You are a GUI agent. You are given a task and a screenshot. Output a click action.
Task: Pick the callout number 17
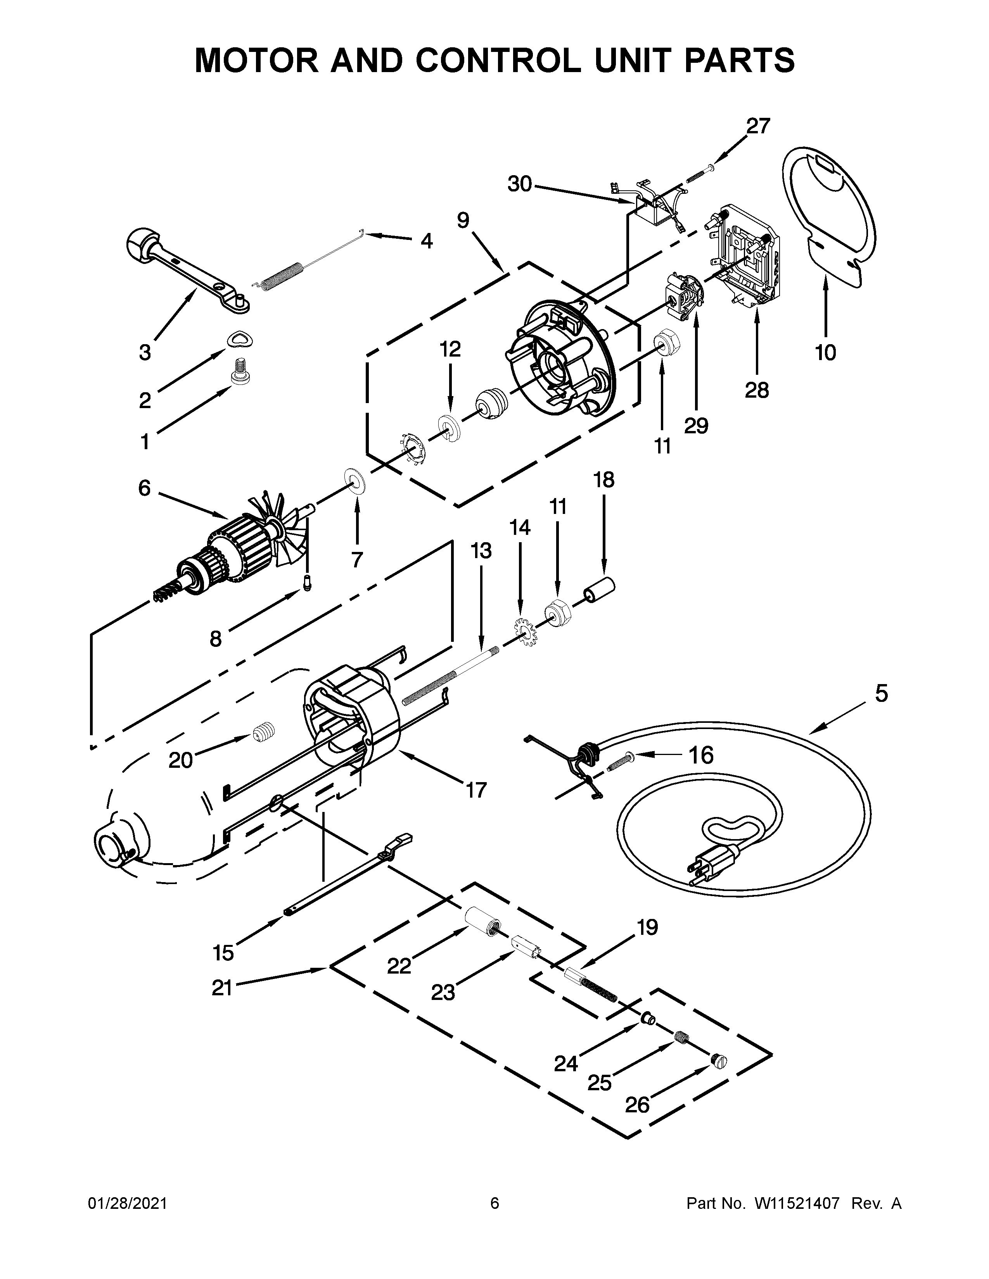(x=476, y=790)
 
